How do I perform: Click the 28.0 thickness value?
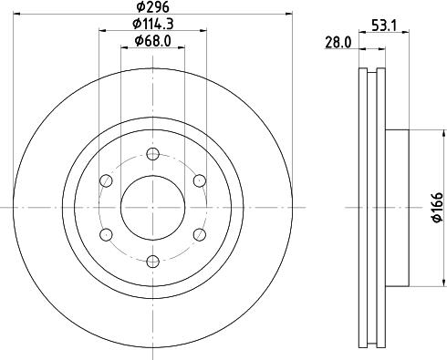(x=338, y=41)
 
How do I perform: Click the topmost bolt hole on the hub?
(x=153, y=152)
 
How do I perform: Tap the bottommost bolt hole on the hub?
(x=153, y=262)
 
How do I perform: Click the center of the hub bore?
(x=153, y=207)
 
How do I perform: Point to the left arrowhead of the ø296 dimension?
(x=20, y=14)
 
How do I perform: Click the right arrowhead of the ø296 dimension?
(x=286, y=14)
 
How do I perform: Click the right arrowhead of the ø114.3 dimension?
(x=204, y=30)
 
